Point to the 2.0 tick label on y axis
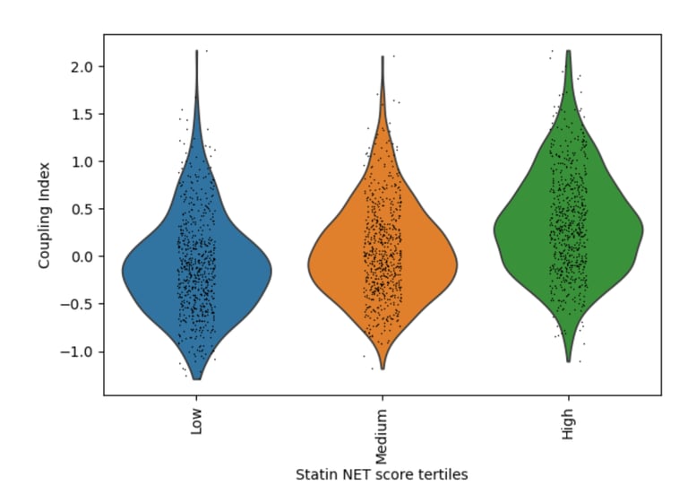tap(80, 67)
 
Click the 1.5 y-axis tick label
tap(80, 115)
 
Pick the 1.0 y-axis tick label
tap(80, 161)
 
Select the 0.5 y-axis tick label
tap(80, 209)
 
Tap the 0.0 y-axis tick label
tap(80, 256)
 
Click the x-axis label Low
tap(196, 422)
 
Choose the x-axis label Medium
tap(383, 435)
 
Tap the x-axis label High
tap(568, 423)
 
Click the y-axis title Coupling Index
tap(44, 214)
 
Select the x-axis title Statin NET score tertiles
tap(383, 474)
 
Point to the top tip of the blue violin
tap(196, 52)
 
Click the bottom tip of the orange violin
tap(383, 368)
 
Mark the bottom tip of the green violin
tap(568, 361)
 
